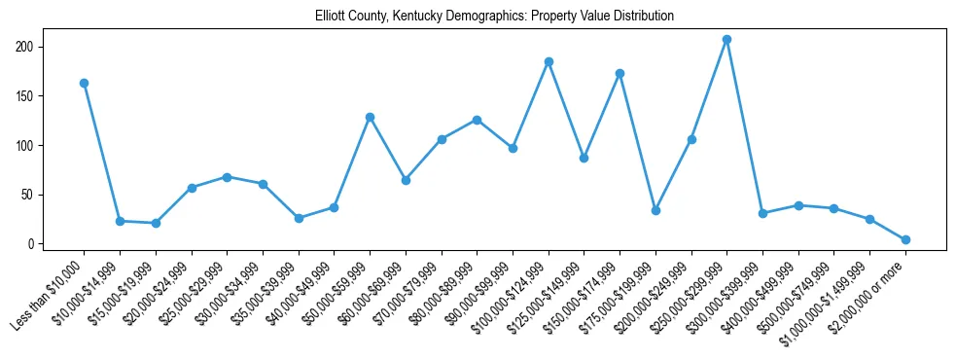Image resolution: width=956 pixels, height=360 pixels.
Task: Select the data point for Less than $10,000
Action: (x=84, y=84)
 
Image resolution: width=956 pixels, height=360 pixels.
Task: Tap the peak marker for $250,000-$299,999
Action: (x=726, y=40)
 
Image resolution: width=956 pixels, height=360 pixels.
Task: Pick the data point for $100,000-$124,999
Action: (x=549, y=61)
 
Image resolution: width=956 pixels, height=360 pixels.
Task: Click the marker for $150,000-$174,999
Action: (x=620, y=73)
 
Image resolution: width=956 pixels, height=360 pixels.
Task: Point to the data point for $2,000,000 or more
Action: (x=905, y=239)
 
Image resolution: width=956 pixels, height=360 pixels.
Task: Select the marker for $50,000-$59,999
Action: (x=370, y=117)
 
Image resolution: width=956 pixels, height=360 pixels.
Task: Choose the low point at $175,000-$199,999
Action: (x=655, y=210)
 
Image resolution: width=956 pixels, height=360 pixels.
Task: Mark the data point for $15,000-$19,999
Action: (x=156, y=223)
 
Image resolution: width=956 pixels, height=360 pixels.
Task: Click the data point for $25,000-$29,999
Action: (x=227, y=177)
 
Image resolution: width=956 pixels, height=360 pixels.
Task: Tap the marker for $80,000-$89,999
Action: (x=477, y=120)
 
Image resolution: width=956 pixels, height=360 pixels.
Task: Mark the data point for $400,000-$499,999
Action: (x=798, y=205)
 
